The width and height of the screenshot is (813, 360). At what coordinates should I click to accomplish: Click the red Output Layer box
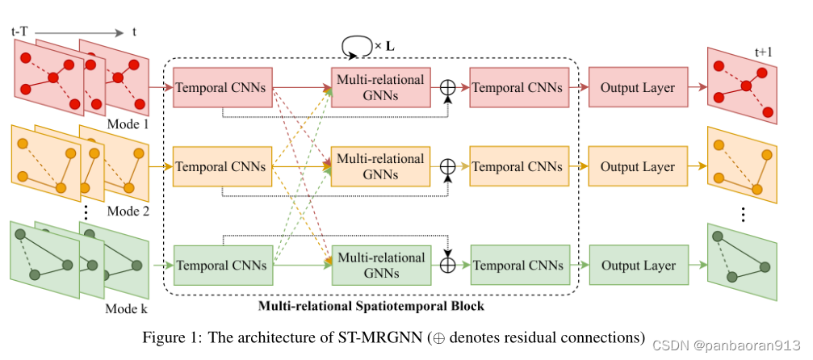637,87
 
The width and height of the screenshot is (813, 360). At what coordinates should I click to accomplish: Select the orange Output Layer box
637,167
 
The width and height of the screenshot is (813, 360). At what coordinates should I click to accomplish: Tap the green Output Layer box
637,266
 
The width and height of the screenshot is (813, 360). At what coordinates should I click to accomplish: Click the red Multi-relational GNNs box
380,87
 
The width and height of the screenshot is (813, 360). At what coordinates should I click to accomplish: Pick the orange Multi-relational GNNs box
380,167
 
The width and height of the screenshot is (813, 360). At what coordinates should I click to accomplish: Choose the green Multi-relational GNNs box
380,266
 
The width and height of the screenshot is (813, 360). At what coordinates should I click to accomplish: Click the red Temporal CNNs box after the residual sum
517,87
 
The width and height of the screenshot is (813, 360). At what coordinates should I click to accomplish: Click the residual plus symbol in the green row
448,265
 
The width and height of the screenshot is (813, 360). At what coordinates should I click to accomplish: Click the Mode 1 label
128,125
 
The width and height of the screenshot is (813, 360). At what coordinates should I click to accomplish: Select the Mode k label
128,308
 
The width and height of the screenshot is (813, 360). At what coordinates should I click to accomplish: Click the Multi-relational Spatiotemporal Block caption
371,307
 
